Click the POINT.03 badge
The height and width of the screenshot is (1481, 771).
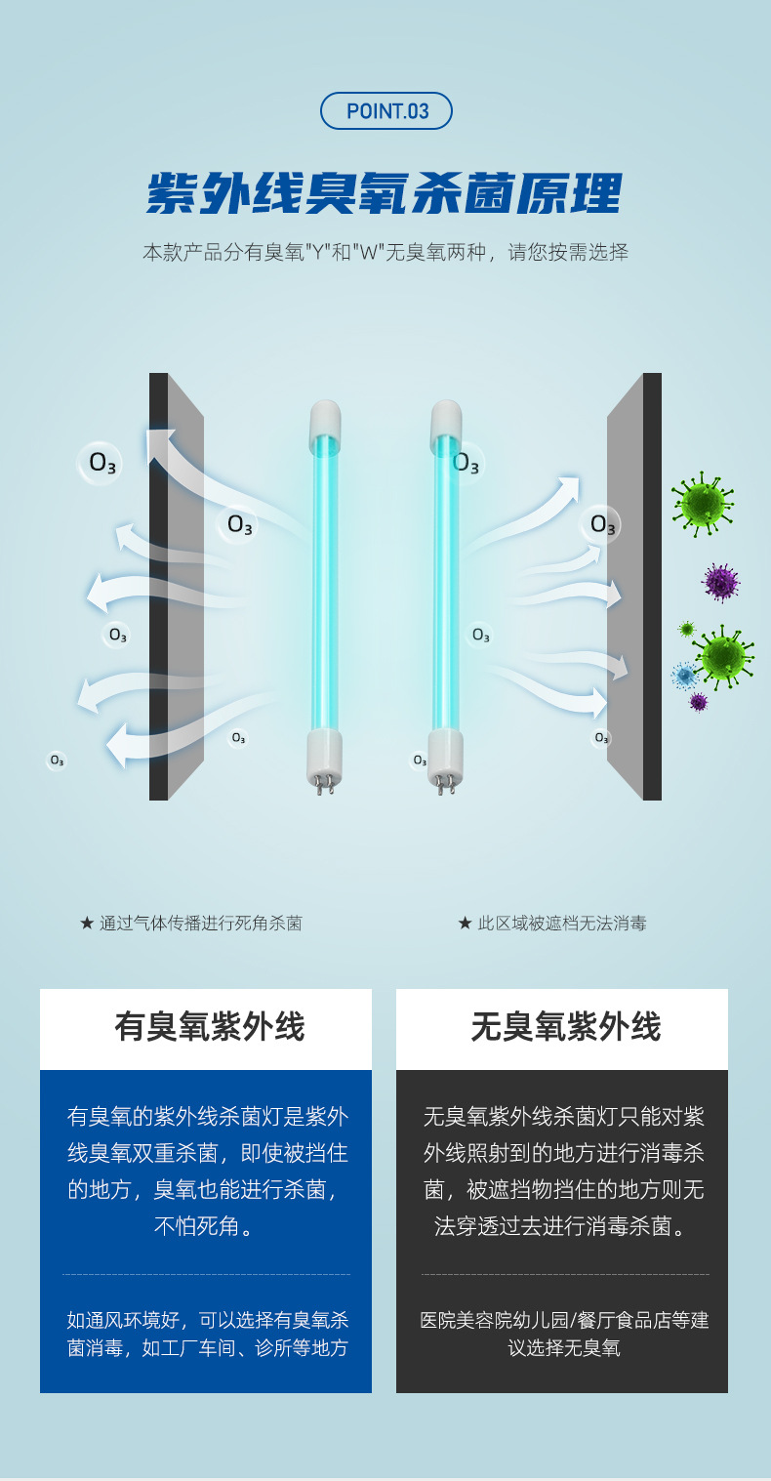click(x=386, y=111)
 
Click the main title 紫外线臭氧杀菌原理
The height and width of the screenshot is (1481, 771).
click(x=385, y=194)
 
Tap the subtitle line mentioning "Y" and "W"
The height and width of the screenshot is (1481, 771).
click(x=385, y=252)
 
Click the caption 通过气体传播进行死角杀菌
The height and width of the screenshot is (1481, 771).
click(x=191, y=923)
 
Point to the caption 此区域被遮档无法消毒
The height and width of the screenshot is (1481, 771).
click(x=552, y=923)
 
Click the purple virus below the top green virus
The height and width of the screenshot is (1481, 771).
click(x=720, y=582)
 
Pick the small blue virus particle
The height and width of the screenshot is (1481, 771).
click(x=684, y=675)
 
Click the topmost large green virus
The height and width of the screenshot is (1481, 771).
click(x=702, y=503)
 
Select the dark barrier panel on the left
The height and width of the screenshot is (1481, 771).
click(x=159, y=586)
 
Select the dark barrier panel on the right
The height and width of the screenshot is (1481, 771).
click(x=651, y=586)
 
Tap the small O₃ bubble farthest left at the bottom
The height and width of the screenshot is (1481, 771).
click(x=57, y=761)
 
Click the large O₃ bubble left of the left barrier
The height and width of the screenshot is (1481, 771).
click(x=101, y=462)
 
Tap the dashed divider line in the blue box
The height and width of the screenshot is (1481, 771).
click(x=206, y=1274)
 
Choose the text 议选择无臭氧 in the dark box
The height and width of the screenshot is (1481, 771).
click(x=563, y=1349)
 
